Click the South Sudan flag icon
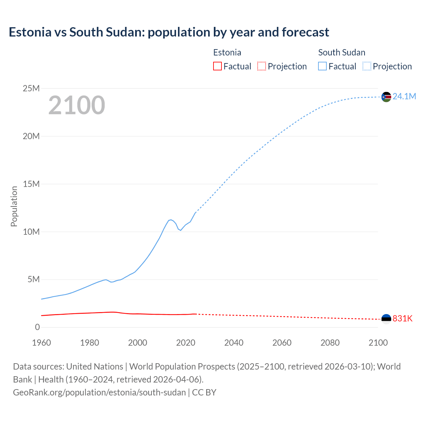386,97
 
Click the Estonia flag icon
386,319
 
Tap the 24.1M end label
404,96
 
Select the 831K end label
402,318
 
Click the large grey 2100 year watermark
77,105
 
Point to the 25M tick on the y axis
31,88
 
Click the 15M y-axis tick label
31,184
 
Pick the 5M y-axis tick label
34,280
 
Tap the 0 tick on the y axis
37,327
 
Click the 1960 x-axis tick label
42,343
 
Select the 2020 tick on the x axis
186,343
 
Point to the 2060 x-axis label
282,343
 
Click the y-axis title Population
14,206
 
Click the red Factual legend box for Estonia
217,66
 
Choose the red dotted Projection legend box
262,66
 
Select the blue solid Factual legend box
322,66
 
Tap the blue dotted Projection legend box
367,66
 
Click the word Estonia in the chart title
30,32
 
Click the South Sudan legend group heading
342,52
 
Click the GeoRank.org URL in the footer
99,392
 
